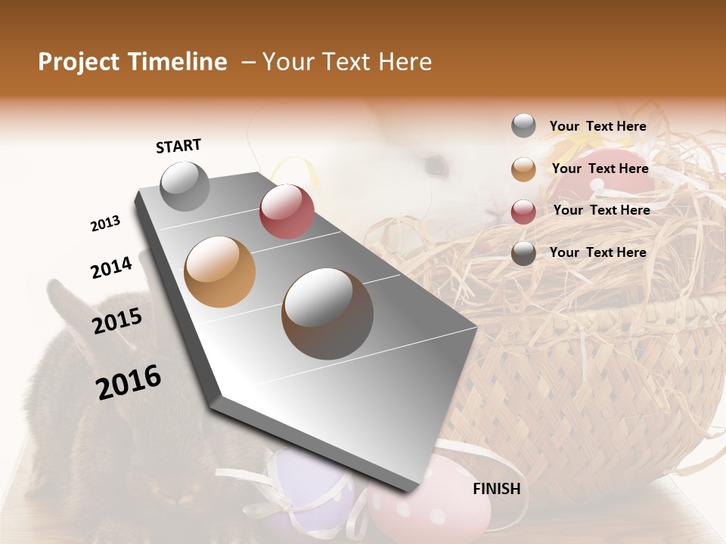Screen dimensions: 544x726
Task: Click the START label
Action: pyautogui.click(x=178, y=146)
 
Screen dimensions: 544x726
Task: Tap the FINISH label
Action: pyautogui.click(x=496, y=489)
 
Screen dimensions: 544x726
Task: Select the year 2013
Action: pyautogui.click(x=105, y=224)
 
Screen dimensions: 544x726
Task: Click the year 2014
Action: pyautogui.click(x=111, y=267)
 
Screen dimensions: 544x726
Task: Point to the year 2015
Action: pyautogui.click(x=116, y=321)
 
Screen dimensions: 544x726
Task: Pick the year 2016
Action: pyautogui.click(x=129, y=382)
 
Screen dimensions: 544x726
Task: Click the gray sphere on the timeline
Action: pyautogui.click(x=185, y=186)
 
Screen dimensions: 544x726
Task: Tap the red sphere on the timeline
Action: pyautogui.click(x=287, y=211)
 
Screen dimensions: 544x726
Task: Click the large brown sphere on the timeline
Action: pyautogui.click(x=327, y=314)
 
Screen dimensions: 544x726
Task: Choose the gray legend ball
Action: pyautogui.click(x=523, y=126)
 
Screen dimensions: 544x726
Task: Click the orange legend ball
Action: pyautogui.click(x=523, y=169)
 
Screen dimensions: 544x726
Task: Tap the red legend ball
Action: pyautogui.click(x=523, y=211)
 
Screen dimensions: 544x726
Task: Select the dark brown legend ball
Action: pyautogui.click(x=523, y=253)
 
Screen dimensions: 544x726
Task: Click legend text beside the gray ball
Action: pyautogui.click(x=597, y=126)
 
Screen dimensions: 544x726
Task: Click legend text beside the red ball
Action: pyautogui.click(x=601, y=210)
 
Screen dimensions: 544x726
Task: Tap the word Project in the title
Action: pyautogui.click(x=79, y=62)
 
